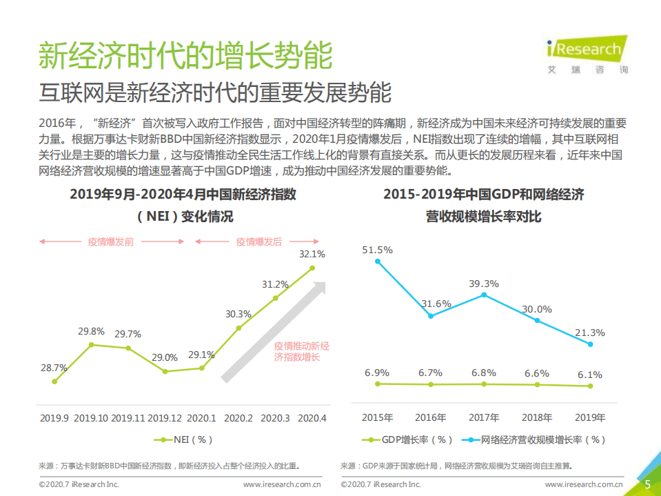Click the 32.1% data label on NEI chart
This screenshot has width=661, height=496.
(x=312, y=254)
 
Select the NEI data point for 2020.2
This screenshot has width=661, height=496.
(x=238, y=328)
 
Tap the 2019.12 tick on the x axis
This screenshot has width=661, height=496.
(x=165, y=418)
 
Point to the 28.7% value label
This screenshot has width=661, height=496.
(x=54, y=368)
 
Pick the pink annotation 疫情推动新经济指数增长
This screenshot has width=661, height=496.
(x=301, y=351)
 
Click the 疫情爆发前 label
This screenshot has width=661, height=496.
(x=111, y=241)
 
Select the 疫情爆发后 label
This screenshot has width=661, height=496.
(x=259, y=241)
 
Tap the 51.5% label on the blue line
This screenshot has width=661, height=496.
(x=377, y=250)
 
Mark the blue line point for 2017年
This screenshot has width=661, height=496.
(x=484, y=295)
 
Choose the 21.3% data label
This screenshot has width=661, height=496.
(x=590, y=333)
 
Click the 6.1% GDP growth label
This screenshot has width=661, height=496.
(x=590, y=375)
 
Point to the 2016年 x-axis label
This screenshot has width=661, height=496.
(x=430, y=418)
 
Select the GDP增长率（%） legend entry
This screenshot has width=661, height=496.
(x=407, y=439)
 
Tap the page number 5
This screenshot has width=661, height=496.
(x=647, y=484)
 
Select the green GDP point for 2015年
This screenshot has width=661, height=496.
(x=377, y=384)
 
